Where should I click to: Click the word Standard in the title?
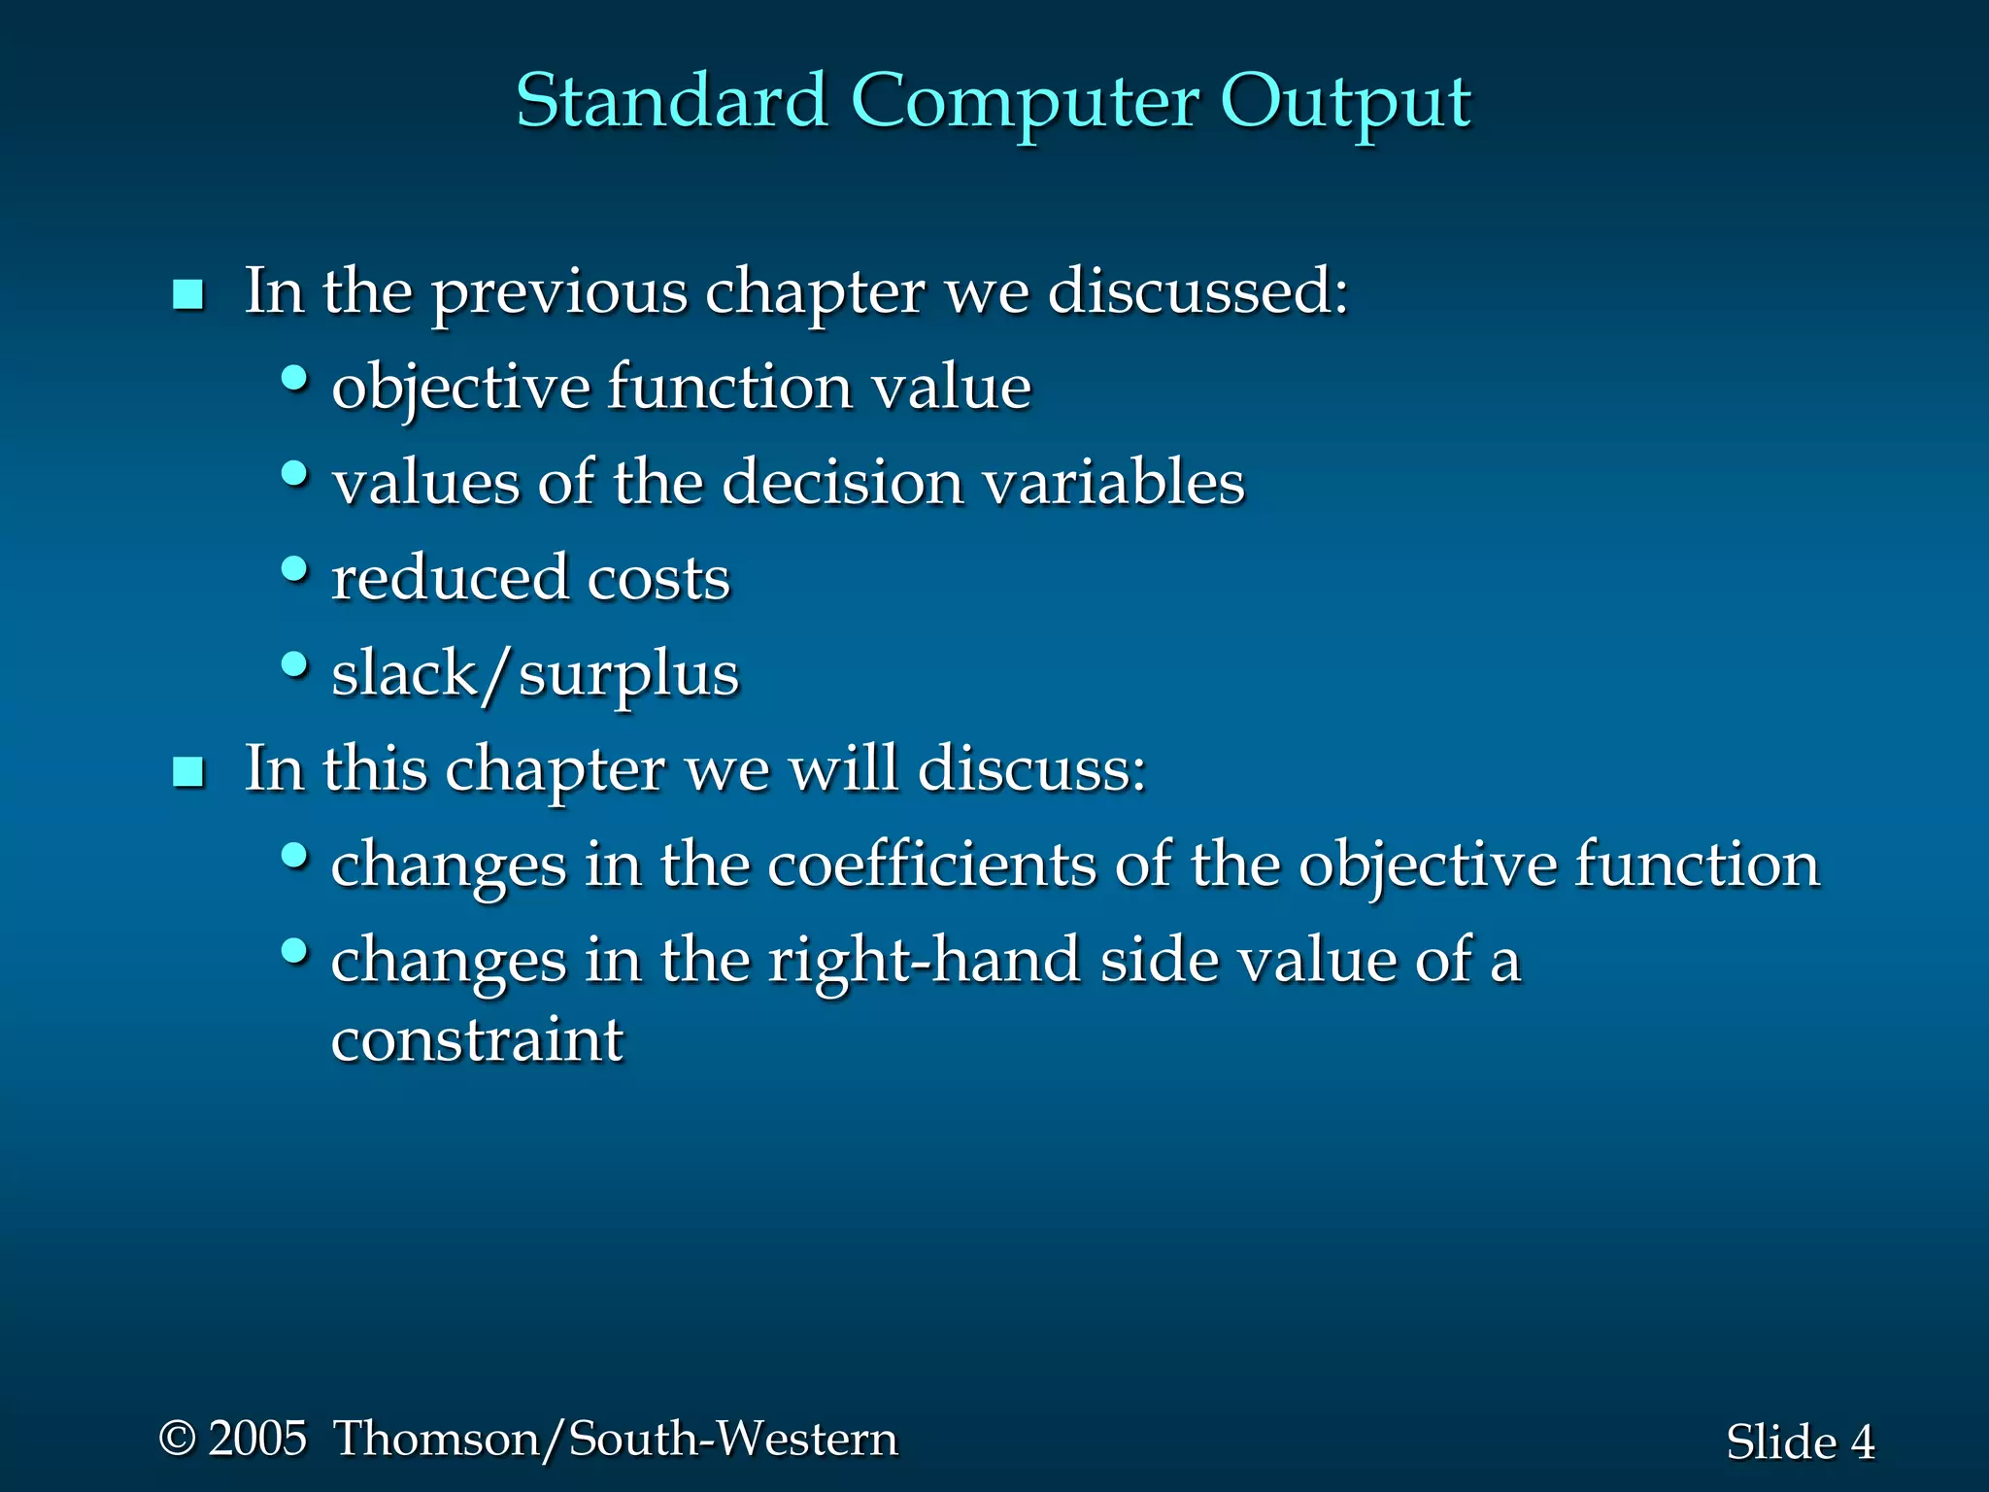(x=670, y=101)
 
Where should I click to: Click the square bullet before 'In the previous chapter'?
(x=187, y=294)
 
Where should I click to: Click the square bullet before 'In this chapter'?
(x=187, y=772)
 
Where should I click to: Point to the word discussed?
(x=1198, y=290)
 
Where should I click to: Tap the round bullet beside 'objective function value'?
(x=294, y=377)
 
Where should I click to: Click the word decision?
(x=842, y=482)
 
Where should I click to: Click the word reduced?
(x=450, y=578)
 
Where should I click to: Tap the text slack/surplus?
(x=535, y=674)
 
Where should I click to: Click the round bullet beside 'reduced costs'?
(x=294, y=568)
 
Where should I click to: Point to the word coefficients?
(x=931, y=864)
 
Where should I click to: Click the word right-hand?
(x=924, y=960)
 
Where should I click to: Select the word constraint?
(x=477, y=1040)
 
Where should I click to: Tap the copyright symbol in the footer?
(x=178, y=1439)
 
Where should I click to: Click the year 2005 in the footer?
(x=257, y=1439)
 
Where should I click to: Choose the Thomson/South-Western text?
(x=616, y=1439)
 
